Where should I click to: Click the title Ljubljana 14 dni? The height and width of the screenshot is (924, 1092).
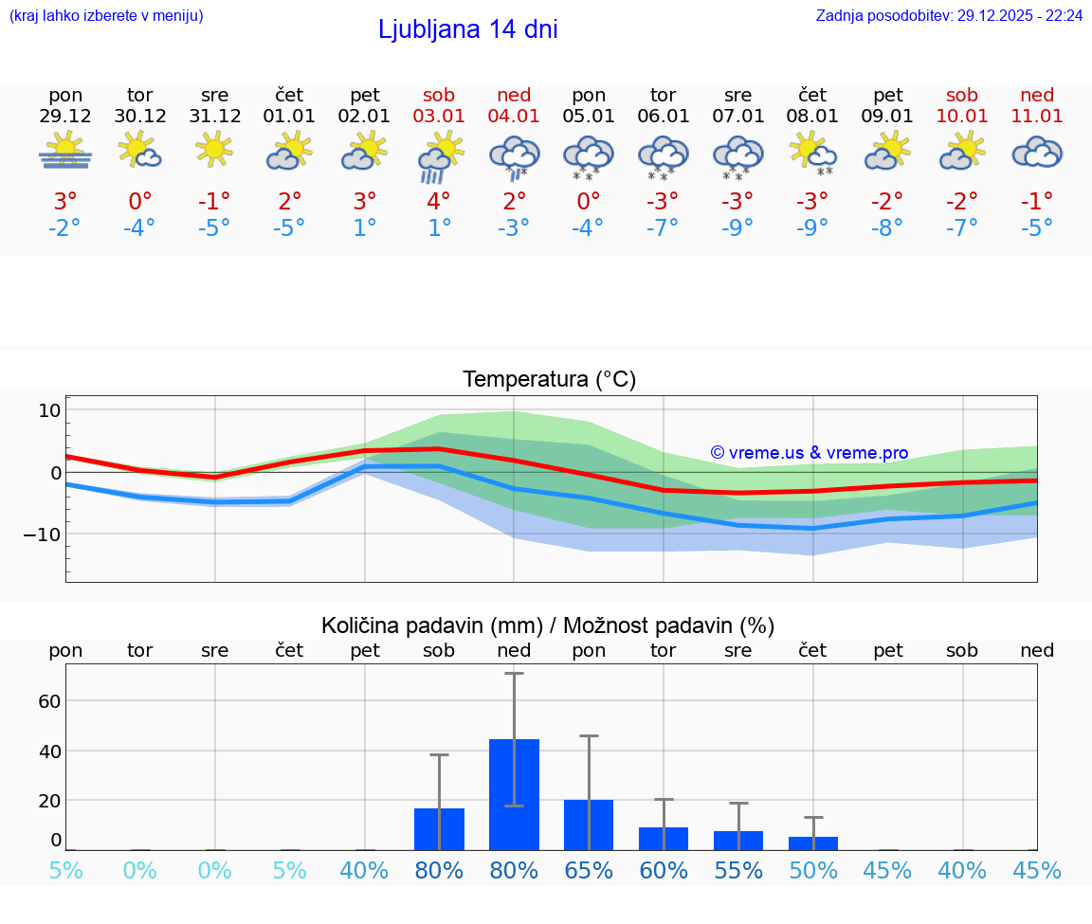click(467, 29)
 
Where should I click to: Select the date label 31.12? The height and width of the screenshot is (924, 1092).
click(214, 117)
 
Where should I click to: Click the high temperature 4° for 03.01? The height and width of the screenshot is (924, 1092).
click(439, 201)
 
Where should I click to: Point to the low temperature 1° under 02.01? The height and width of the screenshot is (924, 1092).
click(364, 227)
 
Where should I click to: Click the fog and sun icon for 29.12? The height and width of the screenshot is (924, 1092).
click(65, 152)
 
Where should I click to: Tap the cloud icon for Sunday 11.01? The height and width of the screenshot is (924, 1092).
click(1037, 152)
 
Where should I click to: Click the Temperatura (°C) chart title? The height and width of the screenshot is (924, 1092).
click(549, 379)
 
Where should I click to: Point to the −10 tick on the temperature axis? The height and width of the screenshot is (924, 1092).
click(42, 534)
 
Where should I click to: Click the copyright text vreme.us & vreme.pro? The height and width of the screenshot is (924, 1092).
click(810, 453)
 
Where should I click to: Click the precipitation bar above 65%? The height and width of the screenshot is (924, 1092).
click(589, 824)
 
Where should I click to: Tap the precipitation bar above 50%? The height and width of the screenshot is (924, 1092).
click(813, 842)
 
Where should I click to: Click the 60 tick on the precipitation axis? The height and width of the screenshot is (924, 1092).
click(49, 701)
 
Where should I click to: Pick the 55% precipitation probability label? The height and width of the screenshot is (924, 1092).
click(738, 870)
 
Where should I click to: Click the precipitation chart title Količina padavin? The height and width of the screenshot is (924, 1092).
click(548, 625)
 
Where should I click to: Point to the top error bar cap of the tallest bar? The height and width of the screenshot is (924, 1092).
click(514, 673)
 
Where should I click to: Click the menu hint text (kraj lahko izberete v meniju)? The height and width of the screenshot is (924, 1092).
click(106, 15)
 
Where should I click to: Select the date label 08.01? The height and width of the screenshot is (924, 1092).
click(812, 117)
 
